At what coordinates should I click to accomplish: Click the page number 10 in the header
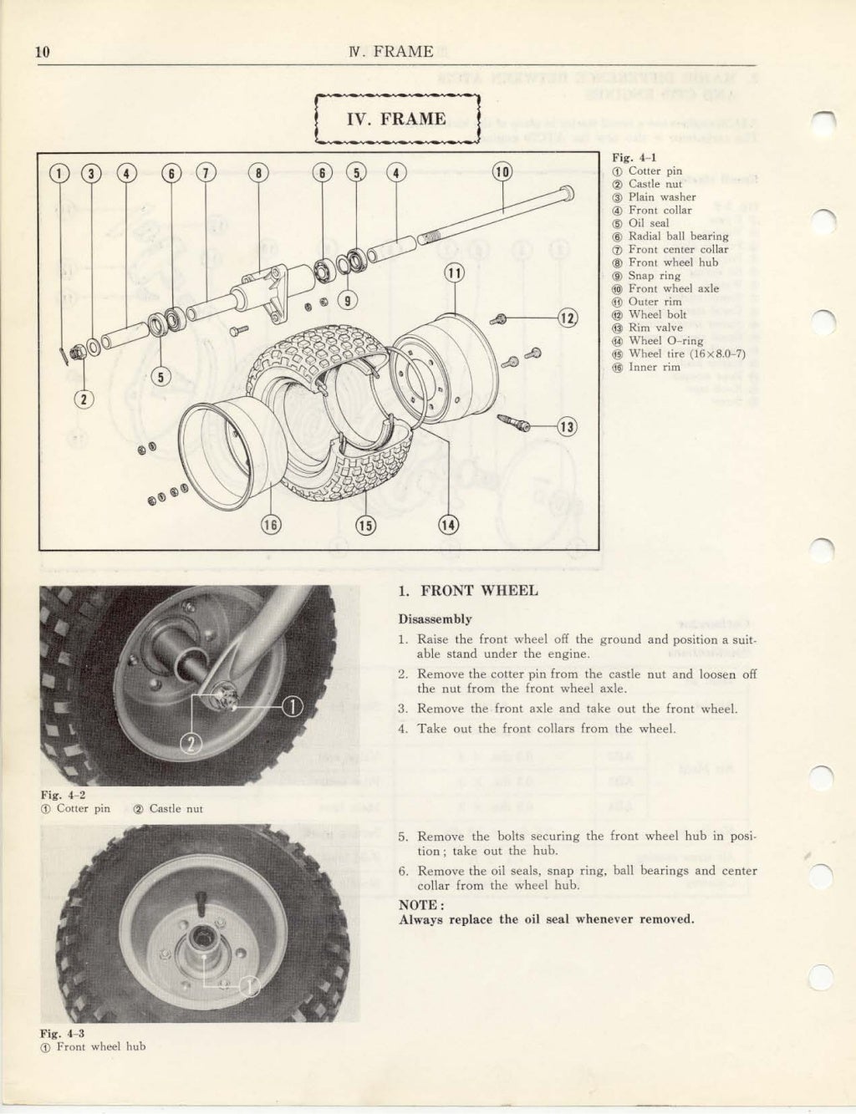tap(43, 52)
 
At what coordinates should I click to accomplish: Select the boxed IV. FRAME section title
tap(396, 119)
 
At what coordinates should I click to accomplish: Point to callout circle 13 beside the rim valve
tap(567, 427)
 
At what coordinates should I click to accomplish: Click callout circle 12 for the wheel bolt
tap(568, 318)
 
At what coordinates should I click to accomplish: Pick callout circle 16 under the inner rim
tap(271, 525)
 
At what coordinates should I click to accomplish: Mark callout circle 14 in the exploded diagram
tap(449, 525)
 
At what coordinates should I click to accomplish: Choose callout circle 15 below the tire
tap(366, 525)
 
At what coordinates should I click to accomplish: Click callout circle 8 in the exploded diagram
tap(260, 173)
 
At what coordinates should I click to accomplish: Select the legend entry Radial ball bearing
tap(678, 237)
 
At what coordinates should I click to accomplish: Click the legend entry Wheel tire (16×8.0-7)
tap(686, 354)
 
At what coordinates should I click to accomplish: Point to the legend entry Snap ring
tap(654, 276)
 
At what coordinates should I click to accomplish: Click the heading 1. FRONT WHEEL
tap(468, 591)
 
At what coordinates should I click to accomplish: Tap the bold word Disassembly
tap(435, 619)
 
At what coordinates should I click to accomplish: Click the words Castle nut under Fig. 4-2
tap(176, 809)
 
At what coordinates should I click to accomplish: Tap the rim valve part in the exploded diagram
tap(513, 424)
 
